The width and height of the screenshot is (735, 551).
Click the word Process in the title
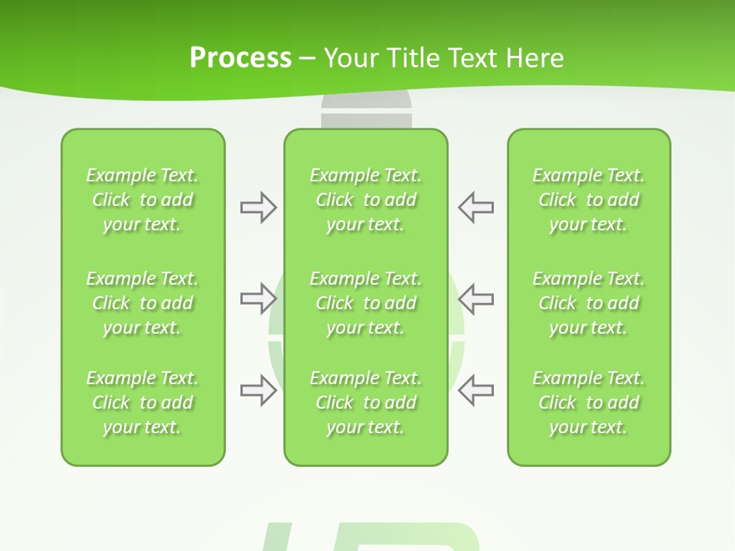click(240, 58)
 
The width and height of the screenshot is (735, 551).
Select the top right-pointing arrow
click(258, 207)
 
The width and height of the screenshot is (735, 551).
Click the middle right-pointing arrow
click(258, 299)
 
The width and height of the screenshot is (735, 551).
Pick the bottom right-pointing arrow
click(258, 391)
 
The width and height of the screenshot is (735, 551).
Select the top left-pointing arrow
click(475, 207)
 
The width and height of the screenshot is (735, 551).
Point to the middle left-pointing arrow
click(475, 299)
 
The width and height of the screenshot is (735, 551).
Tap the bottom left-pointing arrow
click(475, 391)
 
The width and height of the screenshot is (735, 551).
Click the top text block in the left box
click(142, 200)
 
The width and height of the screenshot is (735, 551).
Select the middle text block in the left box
click(142, 303)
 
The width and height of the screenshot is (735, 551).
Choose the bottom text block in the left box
click(142, 403)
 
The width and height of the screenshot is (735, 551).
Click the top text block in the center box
click(365, 200)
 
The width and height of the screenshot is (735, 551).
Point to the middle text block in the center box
click(365, 303)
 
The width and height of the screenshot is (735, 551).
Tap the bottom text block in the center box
click(365, 403)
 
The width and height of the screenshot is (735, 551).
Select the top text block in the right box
click(588, 200)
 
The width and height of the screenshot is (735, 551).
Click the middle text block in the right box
click(588, 303)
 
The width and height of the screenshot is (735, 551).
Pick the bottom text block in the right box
click(588, 403)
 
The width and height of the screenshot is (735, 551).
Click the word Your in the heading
click(349, 58)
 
